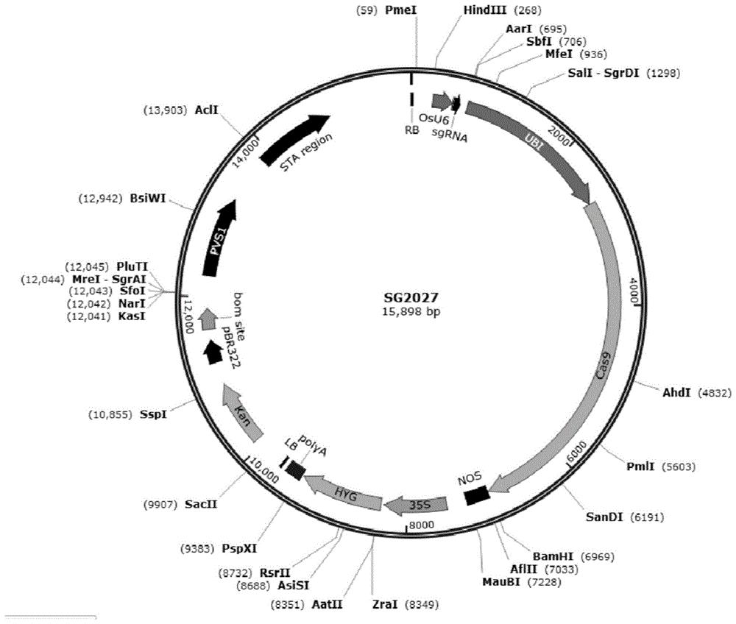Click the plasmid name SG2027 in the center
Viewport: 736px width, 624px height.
411,297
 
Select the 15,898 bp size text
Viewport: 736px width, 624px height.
411,311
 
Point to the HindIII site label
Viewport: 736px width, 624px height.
485,10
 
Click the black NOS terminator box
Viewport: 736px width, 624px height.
478,495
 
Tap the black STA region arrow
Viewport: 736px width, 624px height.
294,139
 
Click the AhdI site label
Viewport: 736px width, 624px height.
676,393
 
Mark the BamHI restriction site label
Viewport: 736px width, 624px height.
553,556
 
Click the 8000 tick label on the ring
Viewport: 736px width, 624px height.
422,525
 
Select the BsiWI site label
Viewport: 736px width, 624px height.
148,199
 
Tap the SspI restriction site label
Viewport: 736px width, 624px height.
153,414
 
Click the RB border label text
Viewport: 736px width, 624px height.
411,130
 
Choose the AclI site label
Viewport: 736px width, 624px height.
207,110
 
